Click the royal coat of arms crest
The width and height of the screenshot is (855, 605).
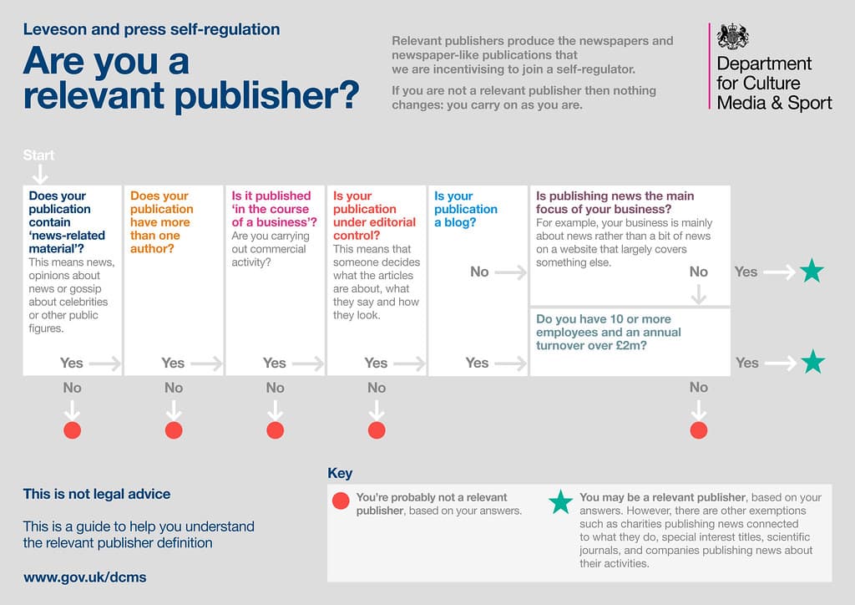(733, 36)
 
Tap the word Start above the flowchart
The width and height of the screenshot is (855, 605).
(38, 155)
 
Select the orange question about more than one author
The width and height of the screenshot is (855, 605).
(160, 221)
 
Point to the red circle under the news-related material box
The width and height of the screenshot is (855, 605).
(72, 430)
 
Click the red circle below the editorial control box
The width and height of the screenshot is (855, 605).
(377, 430)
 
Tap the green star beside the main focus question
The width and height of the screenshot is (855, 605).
(811, 272)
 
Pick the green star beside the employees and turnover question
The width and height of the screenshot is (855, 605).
(811, 363)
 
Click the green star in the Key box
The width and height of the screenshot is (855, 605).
(560, 502)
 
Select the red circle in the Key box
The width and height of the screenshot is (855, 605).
(341, 501)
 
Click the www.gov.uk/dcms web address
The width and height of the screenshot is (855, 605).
(85, 577)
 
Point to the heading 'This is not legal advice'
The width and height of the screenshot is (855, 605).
(97, 494)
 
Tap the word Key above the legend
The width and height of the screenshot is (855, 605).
(340, 473)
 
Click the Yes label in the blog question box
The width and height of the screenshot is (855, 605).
(477, 363)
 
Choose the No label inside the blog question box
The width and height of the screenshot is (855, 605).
(479, 272)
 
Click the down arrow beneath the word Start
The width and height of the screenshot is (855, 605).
(39, 174)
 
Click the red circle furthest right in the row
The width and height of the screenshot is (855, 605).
(699, 430)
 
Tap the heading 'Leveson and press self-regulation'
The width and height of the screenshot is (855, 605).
(151, 30)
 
